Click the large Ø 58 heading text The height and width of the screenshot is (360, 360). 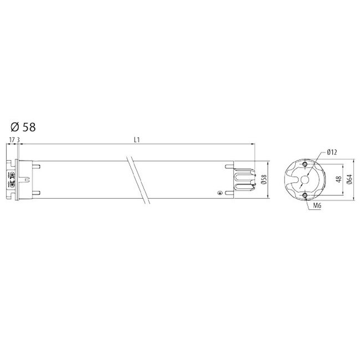coord(23,127)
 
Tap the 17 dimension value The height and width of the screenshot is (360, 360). coord(12,140)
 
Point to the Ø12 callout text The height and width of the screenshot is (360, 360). coord(332,151)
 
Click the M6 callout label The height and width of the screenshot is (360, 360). coord(317,205)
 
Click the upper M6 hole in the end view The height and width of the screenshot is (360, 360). coord(305,164)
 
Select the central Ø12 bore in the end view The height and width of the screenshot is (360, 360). coord(305,180)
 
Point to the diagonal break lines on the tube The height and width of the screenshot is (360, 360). coord(138,180)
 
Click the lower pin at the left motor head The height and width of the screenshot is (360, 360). coord(35,193)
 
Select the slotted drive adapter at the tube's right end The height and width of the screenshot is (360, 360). coord(244,180)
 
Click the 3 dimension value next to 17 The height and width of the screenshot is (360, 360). coord(19,140)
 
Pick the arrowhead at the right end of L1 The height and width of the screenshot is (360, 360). coord(251,145)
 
